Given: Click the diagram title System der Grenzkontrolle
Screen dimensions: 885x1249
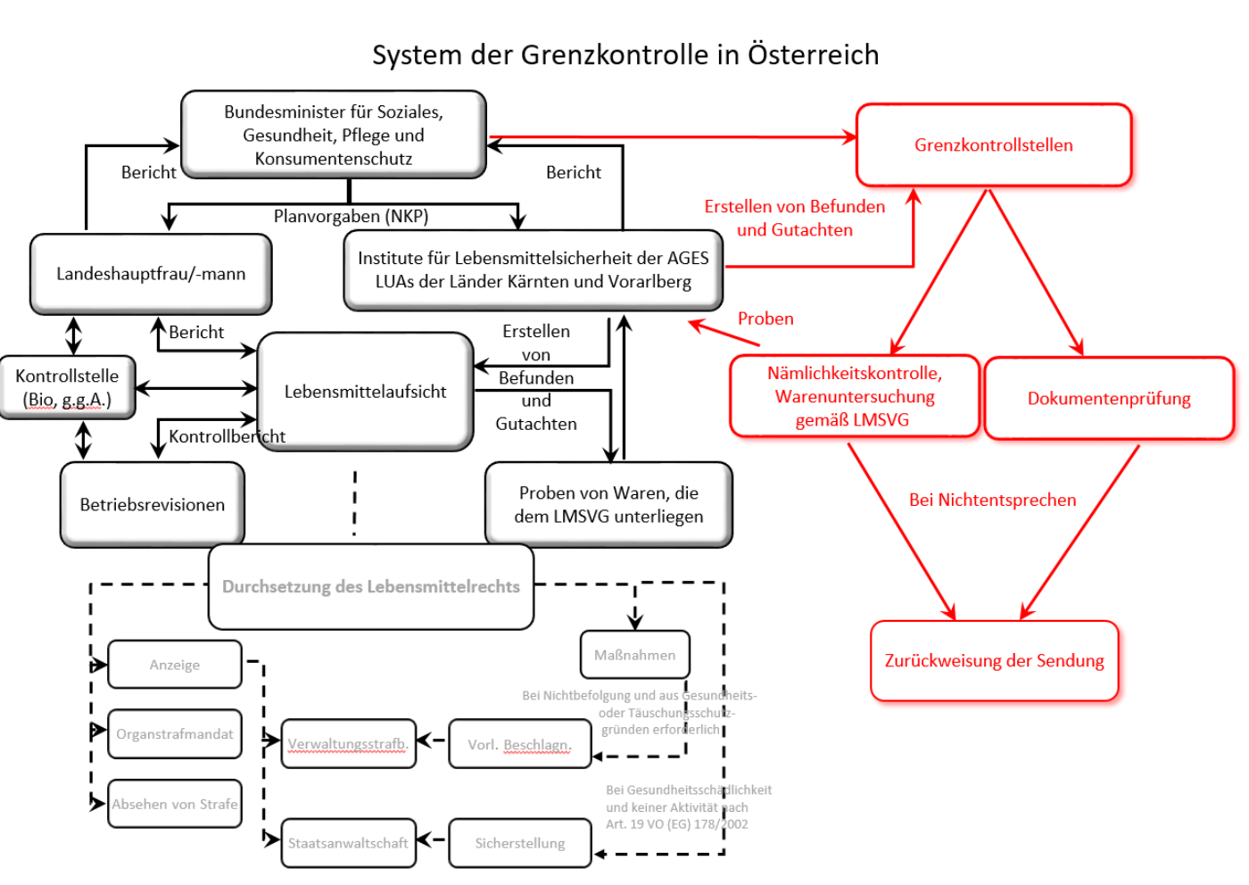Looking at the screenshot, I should point(624,54).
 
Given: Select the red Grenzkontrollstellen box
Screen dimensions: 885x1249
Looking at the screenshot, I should point(993,145).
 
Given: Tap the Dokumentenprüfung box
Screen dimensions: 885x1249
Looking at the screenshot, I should point(1108,398).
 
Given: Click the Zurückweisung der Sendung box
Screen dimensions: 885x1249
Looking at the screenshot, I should point(994,660).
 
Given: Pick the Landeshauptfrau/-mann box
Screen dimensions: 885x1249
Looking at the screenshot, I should point(151,274).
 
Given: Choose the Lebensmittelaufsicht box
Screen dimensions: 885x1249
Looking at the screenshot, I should point(365,391).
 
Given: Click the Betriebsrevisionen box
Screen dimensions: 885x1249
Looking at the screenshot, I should point(152,504).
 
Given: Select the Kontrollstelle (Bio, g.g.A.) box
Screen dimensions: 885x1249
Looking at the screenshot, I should point(67,387).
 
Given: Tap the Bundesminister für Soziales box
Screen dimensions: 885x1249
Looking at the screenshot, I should point(333,135).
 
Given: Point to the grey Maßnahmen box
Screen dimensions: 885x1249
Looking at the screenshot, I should point(634,655).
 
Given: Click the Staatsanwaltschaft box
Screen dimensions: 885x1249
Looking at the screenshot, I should point(348,842).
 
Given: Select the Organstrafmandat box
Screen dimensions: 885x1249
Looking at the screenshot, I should point(175,733).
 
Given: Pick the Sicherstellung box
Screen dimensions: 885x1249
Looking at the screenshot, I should point(519,842).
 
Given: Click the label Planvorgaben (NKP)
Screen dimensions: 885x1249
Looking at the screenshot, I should point(351,216).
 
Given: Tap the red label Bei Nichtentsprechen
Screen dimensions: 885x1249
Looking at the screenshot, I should point(992,500).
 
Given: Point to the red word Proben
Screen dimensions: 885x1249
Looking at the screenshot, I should point(765,318).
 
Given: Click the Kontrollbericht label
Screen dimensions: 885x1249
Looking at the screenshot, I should point(227,436).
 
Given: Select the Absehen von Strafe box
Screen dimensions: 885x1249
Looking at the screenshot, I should point(175,804).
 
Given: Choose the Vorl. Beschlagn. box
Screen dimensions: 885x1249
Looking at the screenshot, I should point(519,744).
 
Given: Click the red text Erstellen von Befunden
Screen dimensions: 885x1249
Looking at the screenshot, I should point(794,207).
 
